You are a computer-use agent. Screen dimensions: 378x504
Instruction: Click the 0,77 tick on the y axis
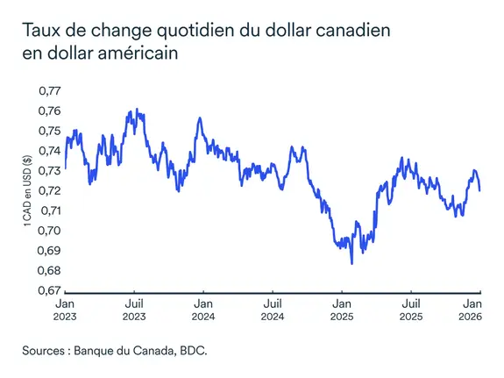click(48, 90)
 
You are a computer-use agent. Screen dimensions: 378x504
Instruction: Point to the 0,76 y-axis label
click(48, 111)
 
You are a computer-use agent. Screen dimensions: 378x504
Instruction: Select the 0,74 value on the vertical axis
click(48, 151)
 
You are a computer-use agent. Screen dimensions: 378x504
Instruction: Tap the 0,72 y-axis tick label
click(48, 190)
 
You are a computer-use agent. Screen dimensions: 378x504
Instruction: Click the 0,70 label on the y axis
click(48, 231)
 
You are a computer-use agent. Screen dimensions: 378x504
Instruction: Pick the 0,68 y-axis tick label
click(48, 271)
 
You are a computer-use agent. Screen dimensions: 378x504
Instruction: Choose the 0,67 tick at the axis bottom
click(48, 291)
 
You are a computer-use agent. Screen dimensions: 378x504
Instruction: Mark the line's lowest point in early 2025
click(351, 262)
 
